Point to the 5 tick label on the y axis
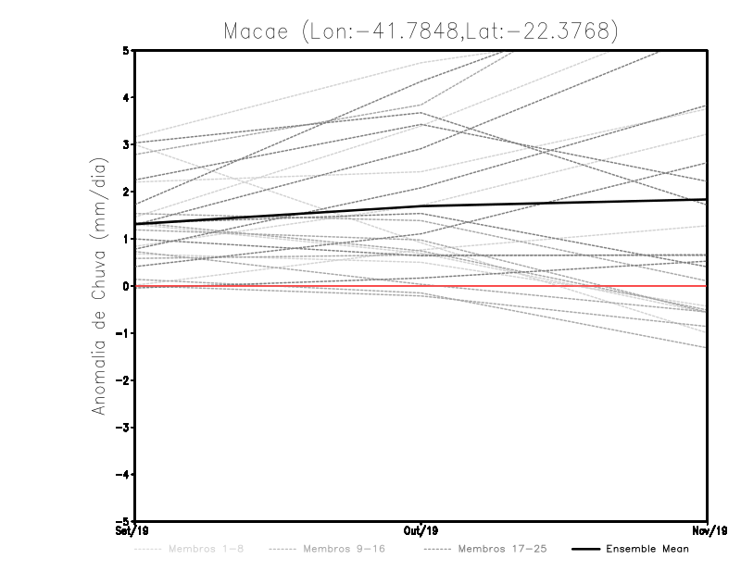point(126,51)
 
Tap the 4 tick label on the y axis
point(126,98)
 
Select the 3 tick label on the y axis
point(126,145)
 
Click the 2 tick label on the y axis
point(126,192)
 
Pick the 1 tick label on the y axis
point(126,239)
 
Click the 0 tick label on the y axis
point(126,286)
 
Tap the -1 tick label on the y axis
point(123,333)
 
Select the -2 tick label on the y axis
point(123,380)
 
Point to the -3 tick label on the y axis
point(123,428)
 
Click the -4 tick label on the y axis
point(123,475)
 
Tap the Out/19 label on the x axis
point(421,531)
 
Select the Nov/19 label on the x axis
point(708,531)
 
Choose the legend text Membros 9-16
point(344,550)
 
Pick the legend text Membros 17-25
point(503,550)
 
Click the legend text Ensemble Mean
point(647,550)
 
